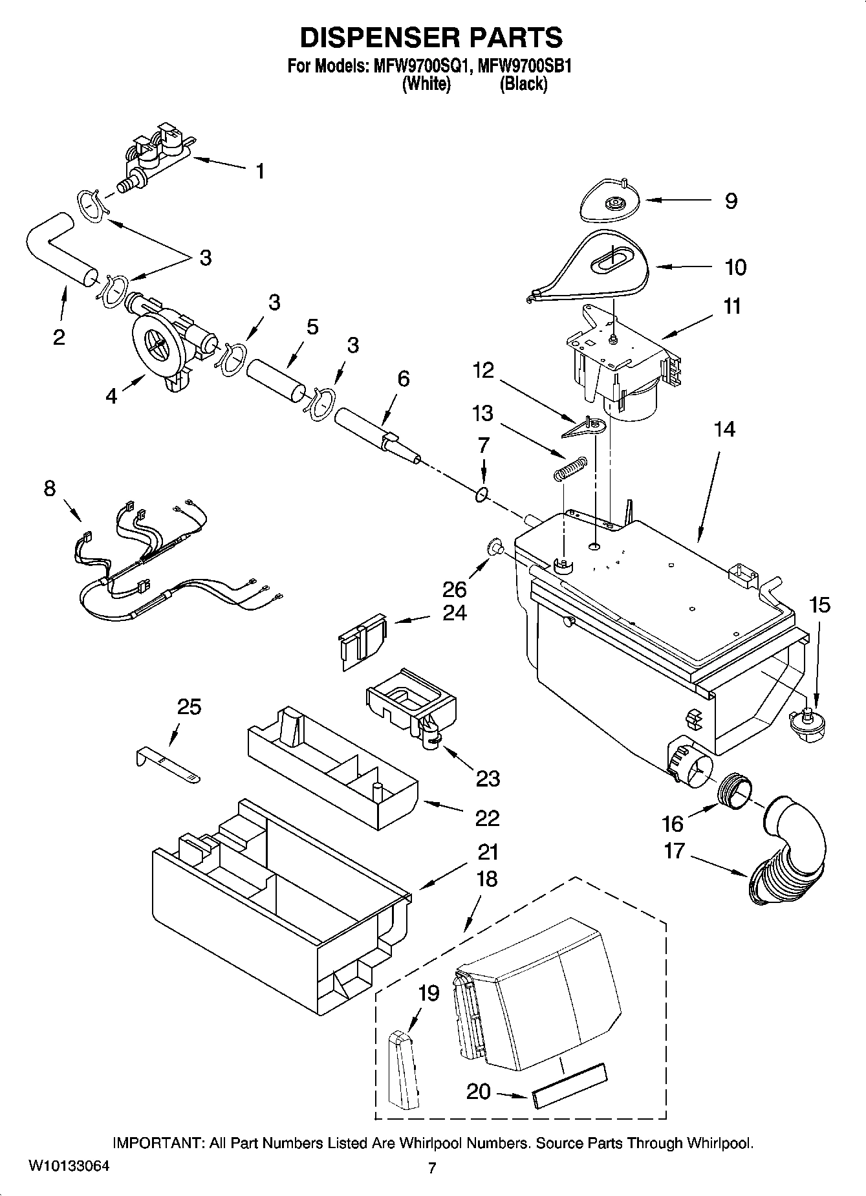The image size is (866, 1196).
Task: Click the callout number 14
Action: [724, 429]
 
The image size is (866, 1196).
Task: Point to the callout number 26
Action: [455, 589]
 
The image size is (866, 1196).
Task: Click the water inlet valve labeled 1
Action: [158, 155]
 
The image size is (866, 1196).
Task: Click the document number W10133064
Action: [69, 1166]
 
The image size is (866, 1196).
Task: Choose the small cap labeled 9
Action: [609, 204]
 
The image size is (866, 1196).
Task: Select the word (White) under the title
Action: [426, 84]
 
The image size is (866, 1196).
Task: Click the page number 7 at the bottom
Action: [432, 1168]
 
